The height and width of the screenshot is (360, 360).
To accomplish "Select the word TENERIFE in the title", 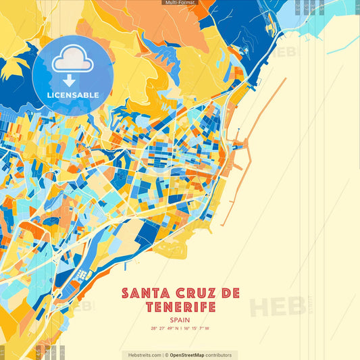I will pyautogui.click(x=180, y=308).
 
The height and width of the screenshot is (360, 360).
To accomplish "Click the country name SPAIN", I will pyautogui.click(x=180, y=320).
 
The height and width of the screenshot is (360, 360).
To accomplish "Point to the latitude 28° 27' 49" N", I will pyautogui.click(x=164, y=329).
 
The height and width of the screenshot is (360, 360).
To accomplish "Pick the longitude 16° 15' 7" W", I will pyautogui.click(x=197, y=329).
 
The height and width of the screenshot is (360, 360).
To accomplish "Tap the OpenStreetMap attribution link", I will pyautogui.click(x=191, y=355).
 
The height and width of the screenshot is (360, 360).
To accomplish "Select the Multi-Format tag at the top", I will pyautogui.click(x=180, y=3).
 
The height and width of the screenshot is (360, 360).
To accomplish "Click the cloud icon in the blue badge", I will pyautogui.click(x=72, y=61).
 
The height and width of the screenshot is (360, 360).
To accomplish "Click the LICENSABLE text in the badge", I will pyautogui.click(x=72, y=94).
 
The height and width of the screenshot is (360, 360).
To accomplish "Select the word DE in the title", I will pyautogui.click(x=228, y=293).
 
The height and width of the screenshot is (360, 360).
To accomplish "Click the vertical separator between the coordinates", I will pyautogui.click(x=180, y=329).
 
